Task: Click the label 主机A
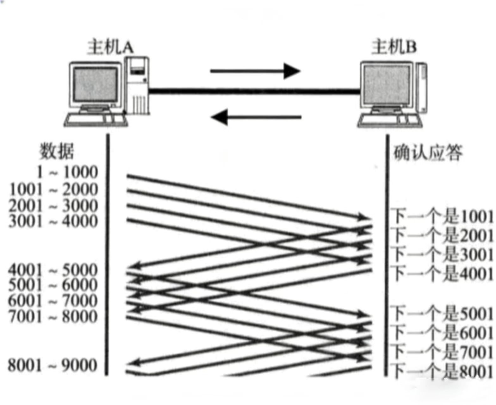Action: click(110, 47)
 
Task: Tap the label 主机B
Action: click(394, 47)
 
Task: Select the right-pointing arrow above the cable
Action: click(255, 71)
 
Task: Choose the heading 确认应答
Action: click(428, 153)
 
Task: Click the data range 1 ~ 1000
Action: click(67, 172)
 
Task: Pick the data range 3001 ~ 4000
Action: click(53, 221)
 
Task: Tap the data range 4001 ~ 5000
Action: click(53, 270)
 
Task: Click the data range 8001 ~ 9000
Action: click(53, 365)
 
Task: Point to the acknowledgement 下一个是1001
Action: click(442, 217)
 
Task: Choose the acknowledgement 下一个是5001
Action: click(442, 314)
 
